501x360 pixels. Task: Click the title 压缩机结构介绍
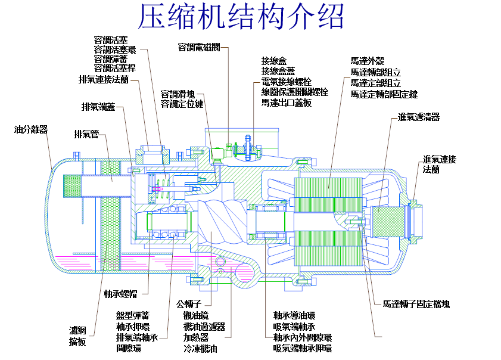pyautogui.click(x=241, y=18)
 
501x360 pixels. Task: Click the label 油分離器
pyautogui.click(x=31, y=129)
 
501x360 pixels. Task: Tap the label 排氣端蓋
pyautogui.click(x=98, y=107)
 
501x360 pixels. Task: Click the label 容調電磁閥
pyautogui.click(x=199, y=46)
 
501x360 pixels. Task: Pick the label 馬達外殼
pyautogui.click(x=368, y=61)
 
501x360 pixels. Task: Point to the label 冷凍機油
pyautogui.click(x=201, y=349)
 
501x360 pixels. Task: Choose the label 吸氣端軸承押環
pyautogui.click(x=302, y=348)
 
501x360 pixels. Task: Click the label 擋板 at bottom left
pyautogui.click(x=77, y=342)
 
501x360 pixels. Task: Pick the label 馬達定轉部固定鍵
pyautogui.click(x=384, y=94)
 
